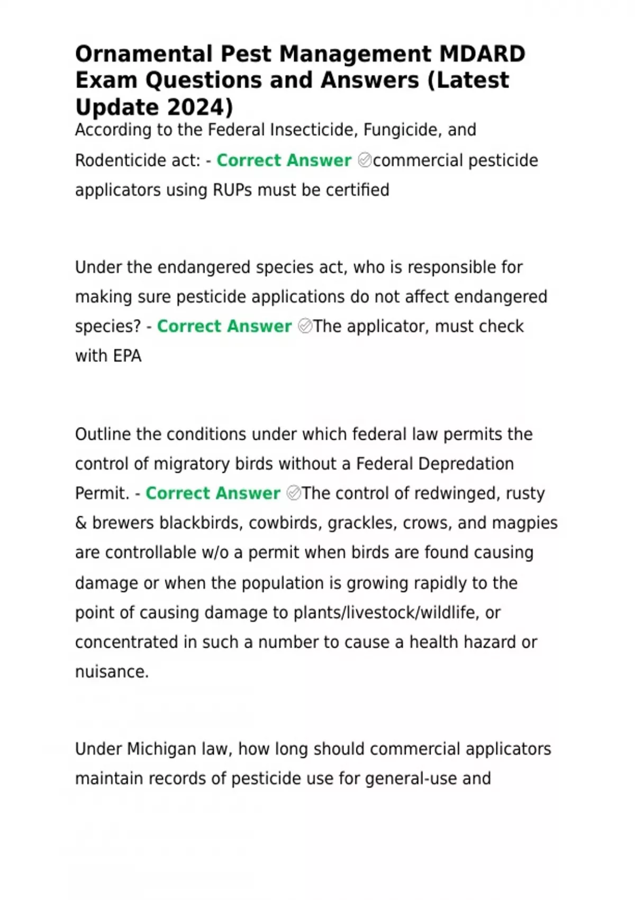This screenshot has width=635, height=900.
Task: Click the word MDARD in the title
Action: [482, 54]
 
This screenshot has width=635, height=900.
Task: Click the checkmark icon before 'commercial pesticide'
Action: [365, 160]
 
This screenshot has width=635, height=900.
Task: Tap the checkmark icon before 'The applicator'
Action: [305, 326]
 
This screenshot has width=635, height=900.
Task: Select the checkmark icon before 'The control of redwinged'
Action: [293, 493]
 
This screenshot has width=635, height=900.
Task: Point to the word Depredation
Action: [466, 464]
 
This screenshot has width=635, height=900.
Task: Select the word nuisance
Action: [112, 671]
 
